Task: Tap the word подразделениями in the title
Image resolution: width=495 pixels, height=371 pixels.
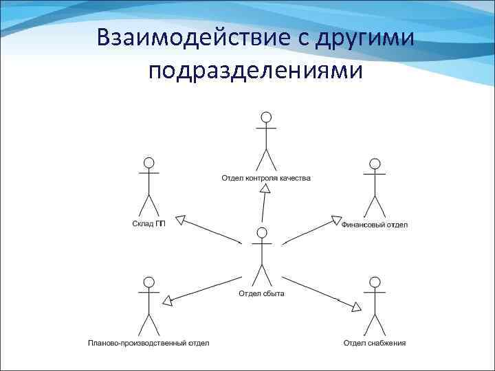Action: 253,71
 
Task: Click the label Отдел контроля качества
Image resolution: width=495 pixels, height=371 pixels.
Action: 265,179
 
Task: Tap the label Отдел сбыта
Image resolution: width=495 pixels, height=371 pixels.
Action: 261,294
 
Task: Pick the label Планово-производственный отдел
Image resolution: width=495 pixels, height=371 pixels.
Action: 148,342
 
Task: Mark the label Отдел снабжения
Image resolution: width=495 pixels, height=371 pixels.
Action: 375,342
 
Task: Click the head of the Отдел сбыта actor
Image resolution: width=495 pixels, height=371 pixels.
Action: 261,232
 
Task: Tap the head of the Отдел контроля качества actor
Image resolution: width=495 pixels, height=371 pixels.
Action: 266,117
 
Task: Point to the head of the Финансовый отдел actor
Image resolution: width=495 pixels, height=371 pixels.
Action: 375,164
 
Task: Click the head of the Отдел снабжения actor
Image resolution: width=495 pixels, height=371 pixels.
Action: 375,281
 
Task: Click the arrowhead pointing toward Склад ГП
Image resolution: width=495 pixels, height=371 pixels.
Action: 181,221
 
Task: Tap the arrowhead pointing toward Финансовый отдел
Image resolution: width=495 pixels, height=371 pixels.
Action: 336,221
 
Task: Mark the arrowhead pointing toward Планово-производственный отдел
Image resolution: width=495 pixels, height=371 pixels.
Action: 167,300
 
